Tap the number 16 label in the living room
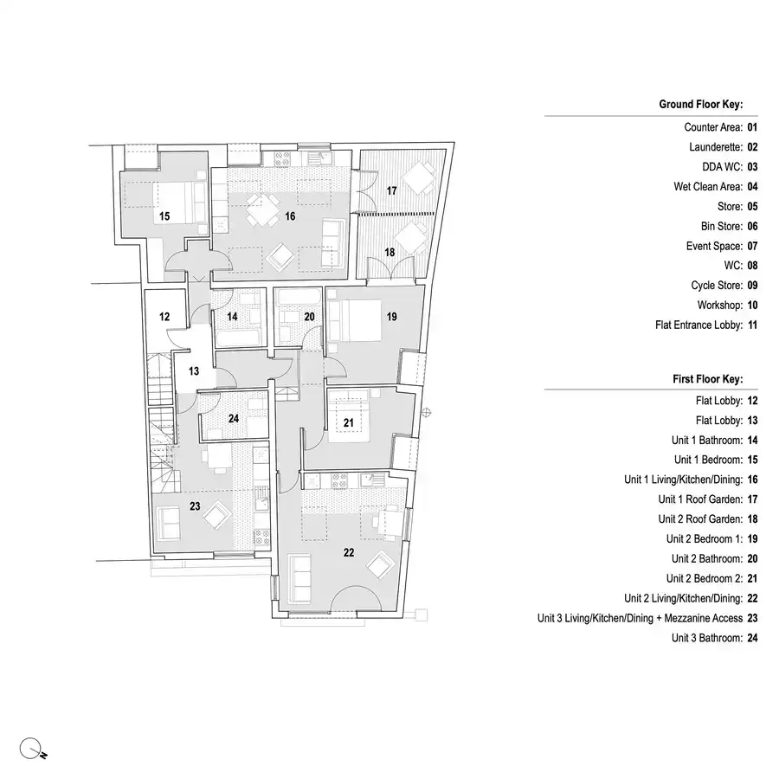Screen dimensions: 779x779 tap(290, 216)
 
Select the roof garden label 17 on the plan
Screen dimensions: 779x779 tap(391, 190)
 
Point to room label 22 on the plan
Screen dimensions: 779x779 tap(349, 552)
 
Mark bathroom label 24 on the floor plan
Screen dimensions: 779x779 tap(234, 419)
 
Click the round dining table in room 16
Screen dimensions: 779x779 tap(260, 207)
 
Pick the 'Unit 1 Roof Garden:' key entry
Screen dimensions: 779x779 tap(699, 499)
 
